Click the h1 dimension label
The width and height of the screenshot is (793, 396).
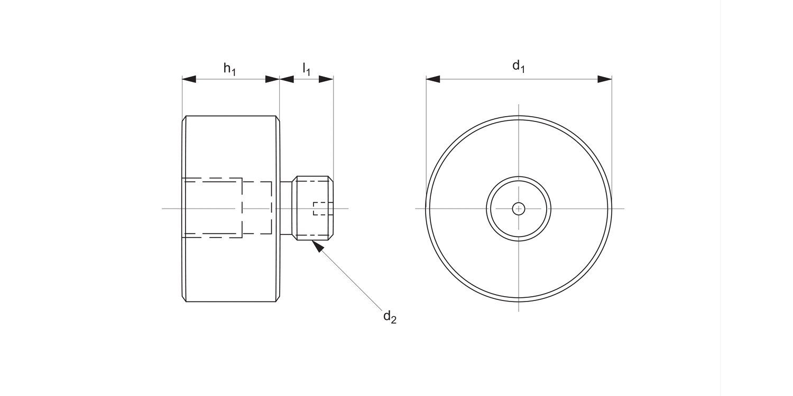[x=229, y=69]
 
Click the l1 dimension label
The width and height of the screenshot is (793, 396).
[x=307, y=69]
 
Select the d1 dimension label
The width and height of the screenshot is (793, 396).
[x=518, y=67]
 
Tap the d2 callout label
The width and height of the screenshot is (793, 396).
[x=390, y=317]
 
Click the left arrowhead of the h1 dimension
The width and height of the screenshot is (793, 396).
[x=189, y=79]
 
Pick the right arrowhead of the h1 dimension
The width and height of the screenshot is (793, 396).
[x=272, y=79]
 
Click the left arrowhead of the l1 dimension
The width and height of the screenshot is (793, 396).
[x=287, y=79]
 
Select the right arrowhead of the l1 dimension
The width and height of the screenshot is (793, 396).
[x=326, y=79]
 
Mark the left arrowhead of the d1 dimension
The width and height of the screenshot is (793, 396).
[x=433, y=79]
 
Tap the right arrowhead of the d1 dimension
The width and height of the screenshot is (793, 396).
[x=605, y=79]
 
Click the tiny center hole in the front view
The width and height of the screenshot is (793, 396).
[x=519, y=209]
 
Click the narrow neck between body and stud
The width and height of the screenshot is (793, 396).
[x=285, y=209]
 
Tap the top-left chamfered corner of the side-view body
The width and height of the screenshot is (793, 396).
[x=185, y=119]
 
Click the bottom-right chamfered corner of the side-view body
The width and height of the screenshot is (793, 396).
[x=277, y=299]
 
